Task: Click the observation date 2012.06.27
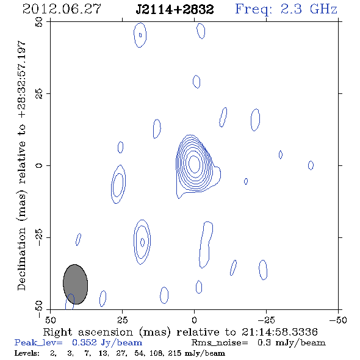tap(62, 9)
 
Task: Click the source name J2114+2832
tap(175, 9)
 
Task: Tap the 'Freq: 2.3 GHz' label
tap(286, 9)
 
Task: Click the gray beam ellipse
tap(75, 284)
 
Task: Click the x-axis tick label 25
tap(122, 320)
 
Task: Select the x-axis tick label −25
tap(266, 320)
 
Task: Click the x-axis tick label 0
tap(194, 320)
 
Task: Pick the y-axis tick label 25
tap(39, 94)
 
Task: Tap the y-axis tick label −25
tap(39, 237)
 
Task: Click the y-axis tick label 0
tap(39, 165)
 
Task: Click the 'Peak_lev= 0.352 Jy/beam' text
tap(78, 343)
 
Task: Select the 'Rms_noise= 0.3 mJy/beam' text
tap(258, 343)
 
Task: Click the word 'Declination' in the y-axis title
tap(21, 259)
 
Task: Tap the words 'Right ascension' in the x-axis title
tap(88, 332)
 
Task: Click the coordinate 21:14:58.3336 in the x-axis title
tap(279, 332)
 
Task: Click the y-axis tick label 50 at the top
tap(39, 22)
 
